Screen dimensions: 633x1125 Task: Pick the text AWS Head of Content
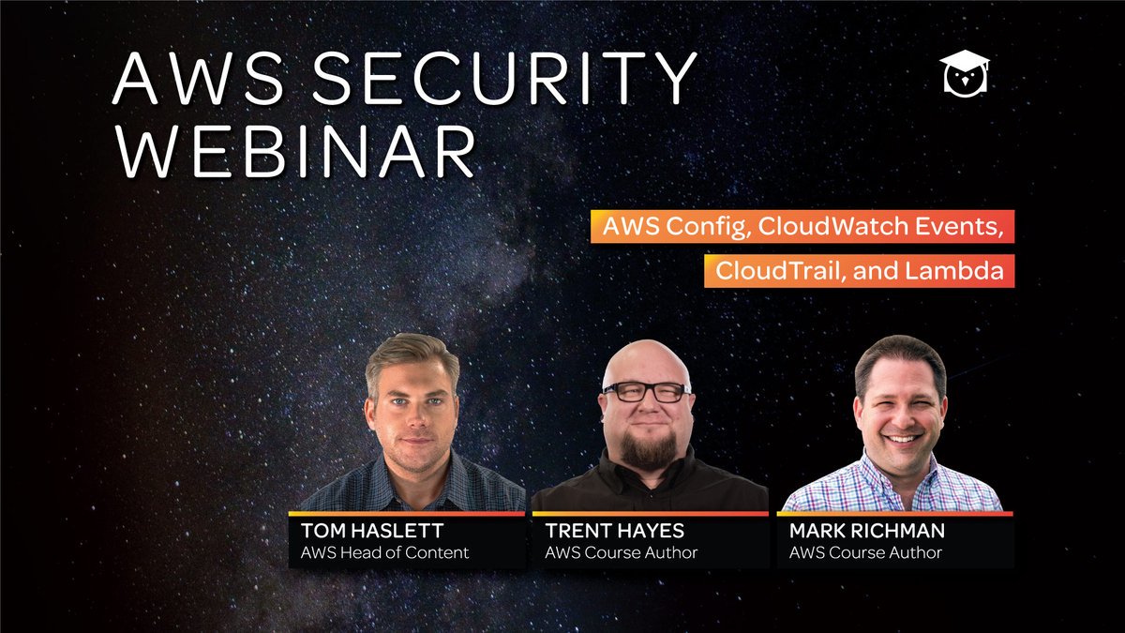point(384,552)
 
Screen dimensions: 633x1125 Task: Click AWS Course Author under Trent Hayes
point(621,552)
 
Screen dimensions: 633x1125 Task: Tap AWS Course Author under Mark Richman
point(865,552)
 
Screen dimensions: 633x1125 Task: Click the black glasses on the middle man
point(646,392)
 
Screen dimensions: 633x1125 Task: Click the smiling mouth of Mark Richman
point(901,437)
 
